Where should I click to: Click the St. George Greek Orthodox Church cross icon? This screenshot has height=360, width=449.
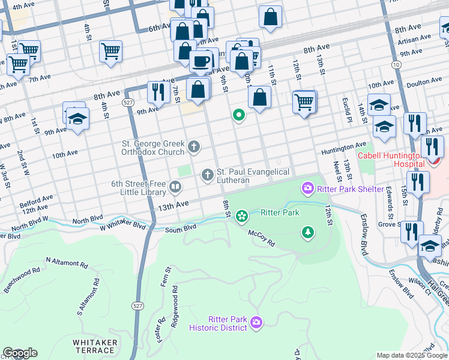[194, 146]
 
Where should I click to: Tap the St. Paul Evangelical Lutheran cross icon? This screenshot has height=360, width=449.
[207, 175]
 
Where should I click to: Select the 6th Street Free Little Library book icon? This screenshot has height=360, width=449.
[175, 187]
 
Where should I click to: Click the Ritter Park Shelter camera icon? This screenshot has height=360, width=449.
[308, 189]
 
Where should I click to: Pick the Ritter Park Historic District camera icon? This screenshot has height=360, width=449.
[256, 323]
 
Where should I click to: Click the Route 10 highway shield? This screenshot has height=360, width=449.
[396, 64]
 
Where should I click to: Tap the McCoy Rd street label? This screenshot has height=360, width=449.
[262, 238]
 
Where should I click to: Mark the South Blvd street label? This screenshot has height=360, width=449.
[181, 228]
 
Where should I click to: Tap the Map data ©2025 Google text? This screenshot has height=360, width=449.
[412, 355]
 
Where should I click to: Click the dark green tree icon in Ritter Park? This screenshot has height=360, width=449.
[308, 232]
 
